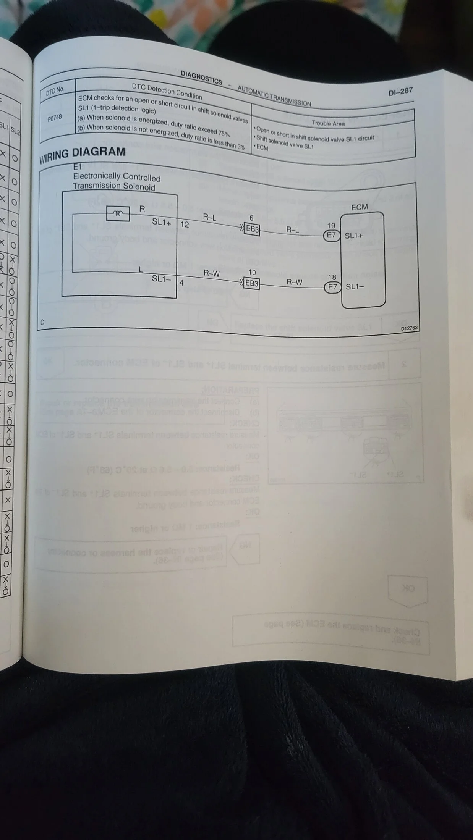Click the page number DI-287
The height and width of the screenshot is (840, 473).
pos(400,92)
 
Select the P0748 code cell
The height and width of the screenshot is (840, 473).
pos(55,118)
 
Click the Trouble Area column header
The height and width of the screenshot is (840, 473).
pos(328,123)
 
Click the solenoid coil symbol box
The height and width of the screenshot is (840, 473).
pos(118,214)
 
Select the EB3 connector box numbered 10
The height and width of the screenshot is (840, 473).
pos(252,284)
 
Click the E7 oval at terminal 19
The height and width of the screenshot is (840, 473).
pos(331,235)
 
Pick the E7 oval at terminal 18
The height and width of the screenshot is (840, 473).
pos(332,287)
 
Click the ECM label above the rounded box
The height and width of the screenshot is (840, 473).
pos(359,207)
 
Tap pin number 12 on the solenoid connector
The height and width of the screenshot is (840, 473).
pos(185,225)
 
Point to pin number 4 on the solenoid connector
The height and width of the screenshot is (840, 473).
pos(181,283)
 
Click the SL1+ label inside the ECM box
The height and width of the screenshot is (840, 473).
pos(353,236)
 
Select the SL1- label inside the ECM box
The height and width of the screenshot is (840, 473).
pos(355,287)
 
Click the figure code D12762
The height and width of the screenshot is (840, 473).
pos(409,328)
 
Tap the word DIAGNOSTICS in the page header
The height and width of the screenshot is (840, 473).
pos(201,77)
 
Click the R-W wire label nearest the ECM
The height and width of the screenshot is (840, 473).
pos(294,282)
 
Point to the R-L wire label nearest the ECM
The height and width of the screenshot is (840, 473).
pos(293,230)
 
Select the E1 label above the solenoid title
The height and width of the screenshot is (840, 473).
pos(78,167)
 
